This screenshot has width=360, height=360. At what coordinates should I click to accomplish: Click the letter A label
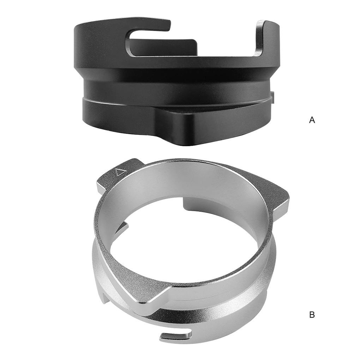(x=312, y=120)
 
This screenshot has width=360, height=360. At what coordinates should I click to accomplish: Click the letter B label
(x=312, y=314)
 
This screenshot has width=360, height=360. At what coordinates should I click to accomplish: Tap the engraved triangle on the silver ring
(x=121, y=173)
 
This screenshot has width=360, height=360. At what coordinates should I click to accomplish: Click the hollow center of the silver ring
(x=184, y=244)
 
